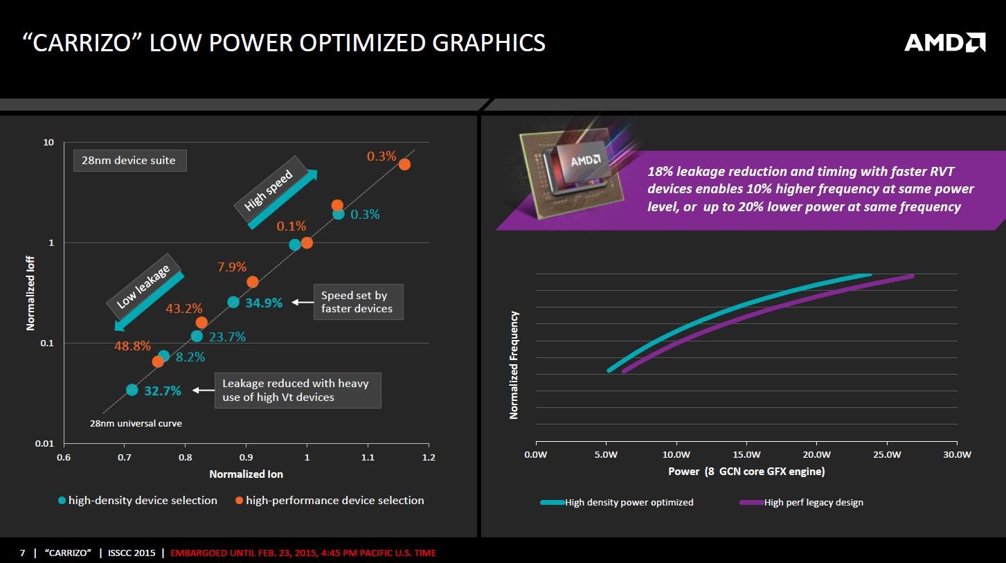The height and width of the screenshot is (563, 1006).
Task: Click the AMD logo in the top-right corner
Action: tap(944, 43)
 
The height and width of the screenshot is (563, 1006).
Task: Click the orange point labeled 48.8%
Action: tap(158, 361)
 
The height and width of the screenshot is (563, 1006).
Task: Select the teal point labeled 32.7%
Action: tap(132, 390)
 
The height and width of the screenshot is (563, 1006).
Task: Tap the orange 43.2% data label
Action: tap(184, 309)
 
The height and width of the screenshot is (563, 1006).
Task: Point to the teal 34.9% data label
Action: tap(264, 303)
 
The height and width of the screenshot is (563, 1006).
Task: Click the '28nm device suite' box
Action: tap(129, 161)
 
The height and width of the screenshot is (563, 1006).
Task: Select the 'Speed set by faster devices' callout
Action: tap(358, 302)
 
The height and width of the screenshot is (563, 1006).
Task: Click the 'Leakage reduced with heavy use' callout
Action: tap(298, 390)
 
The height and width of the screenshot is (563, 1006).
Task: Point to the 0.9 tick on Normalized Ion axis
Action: tap(246, 457)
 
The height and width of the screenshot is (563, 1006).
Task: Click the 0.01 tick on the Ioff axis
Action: tap(45, 444)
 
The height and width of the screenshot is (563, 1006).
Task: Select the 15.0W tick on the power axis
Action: tap(746, 455)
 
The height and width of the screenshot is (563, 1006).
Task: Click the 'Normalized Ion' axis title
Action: tap(246, 474)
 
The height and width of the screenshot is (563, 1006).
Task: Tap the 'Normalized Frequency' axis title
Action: tap(514, 365)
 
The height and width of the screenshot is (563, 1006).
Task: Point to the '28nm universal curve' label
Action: tap(136, 423)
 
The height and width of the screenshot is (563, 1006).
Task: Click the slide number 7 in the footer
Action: tap(22, 553)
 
